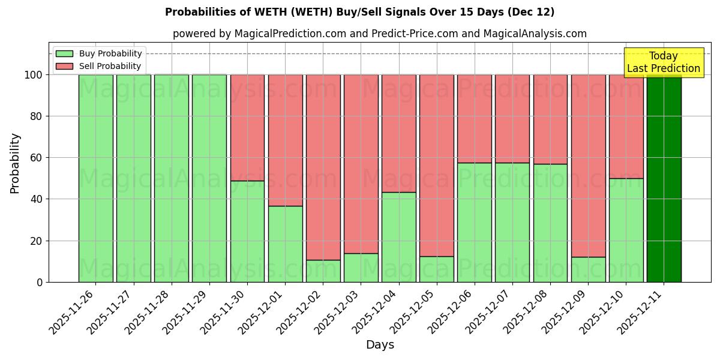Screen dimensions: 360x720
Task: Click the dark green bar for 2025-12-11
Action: point(664,178)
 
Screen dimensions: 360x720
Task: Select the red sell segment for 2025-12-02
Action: point(323,167)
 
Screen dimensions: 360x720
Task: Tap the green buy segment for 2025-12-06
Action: point(475,222)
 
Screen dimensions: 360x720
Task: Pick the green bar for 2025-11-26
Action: point(95,178)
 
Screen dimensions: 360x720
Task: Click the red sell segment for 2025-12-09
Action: point(588,166)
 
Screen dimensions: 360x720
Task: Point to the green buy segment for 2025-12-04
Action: point(398,237)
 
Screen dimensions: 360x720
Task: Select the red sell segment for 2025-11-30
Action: point(247,127)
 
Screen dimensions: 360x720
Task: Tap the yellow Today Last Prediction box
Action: point(664,62)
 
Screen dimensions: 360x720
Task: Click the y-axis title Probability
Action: point(15,163)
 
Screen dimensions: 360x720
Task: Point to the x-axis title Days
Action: point(380,345)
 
